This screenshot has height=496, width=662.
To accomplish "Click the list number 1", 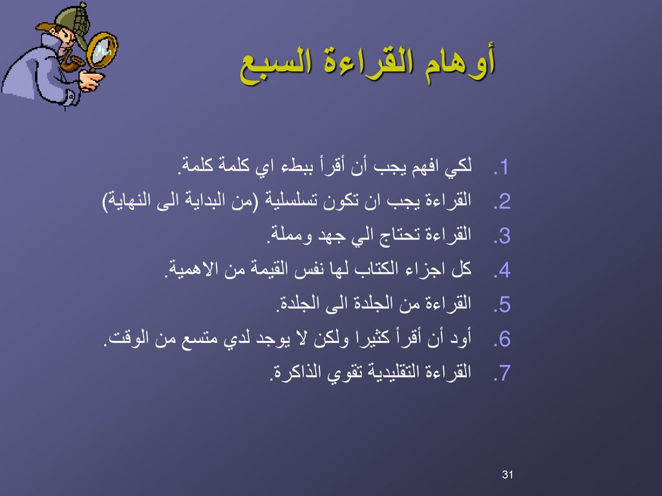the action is [501, 168].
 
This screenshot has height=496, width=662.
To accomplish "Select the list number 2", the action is [502, 202].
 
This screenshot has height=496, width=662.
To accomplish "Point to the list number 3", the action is [502, 236].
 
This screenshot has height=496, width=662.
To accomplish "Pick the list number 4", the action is [502, 271].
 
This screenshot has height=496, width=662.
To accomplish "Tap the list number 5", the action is [502, 305].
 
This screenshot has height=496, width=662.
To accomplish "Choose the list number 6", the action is [502, 339].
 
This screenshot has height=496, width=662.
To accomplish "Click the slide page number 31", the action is [507, 475].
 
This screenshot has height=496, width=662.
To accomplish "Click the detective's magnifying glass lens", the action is [102, 52].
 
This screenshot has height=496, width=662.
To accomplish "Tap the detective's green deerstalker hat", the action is [67, 24].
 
